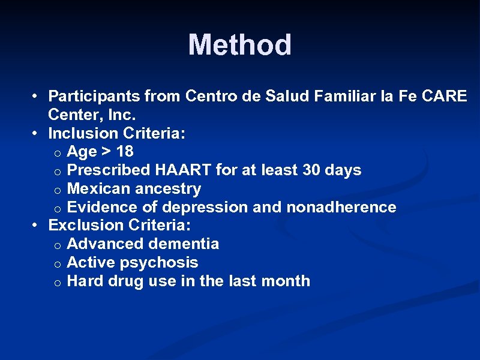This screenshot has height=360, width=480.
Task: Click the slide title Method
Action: click(x=239, y=45)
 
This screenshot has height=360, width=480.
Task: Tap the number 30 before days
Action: click(x=311, y=170)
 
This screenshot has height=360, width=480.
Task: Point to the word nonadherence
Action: click(x=341, y=207)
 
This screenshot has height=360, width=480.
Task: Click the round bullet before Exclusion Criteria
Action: click(x=37, y=226)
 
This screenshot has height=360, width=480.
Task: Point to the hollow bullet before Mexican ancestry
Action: click(x=55, y=190)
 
